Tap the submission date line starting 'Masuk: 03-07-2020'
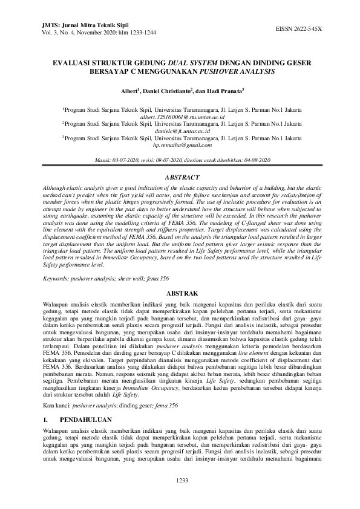(x=182, y=160)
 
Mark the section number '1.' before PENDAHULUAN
(x=45, y=418)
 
